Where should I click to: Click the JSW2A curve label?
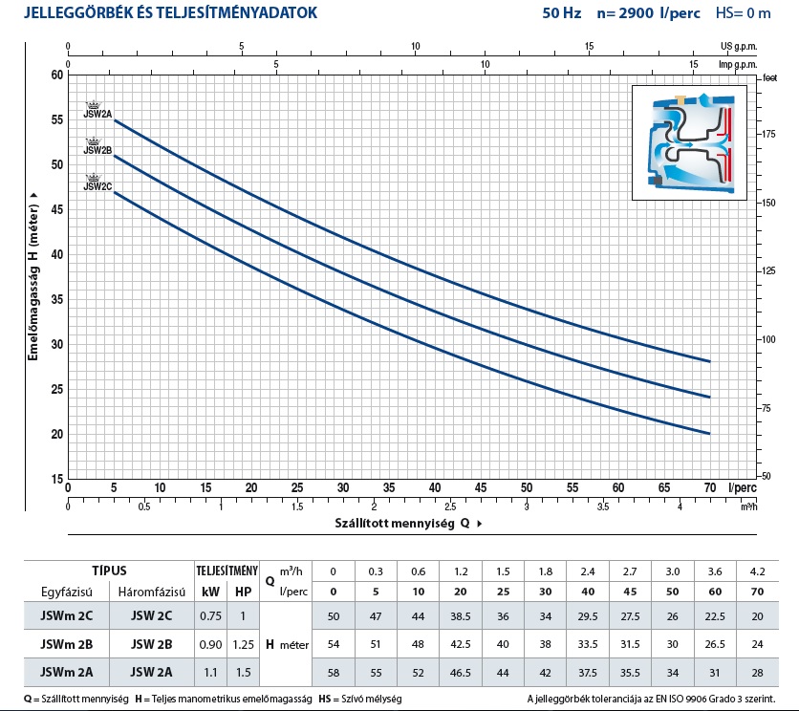(97, 115)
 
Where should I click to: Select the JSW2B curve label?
(97, 150)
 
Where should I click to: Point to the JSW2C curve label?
(97, 186)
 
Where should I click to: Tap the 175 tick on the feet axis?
(769, 136)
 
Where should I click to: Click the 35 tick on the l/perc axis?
(389, 487)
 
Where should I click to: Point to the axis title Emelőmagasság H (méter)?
(32, 277)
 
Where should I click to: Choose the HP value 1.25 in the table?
(245, 644)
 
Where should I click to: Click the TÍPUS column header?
(108, 570)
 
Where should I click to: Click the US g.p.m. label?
(737, 46)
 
